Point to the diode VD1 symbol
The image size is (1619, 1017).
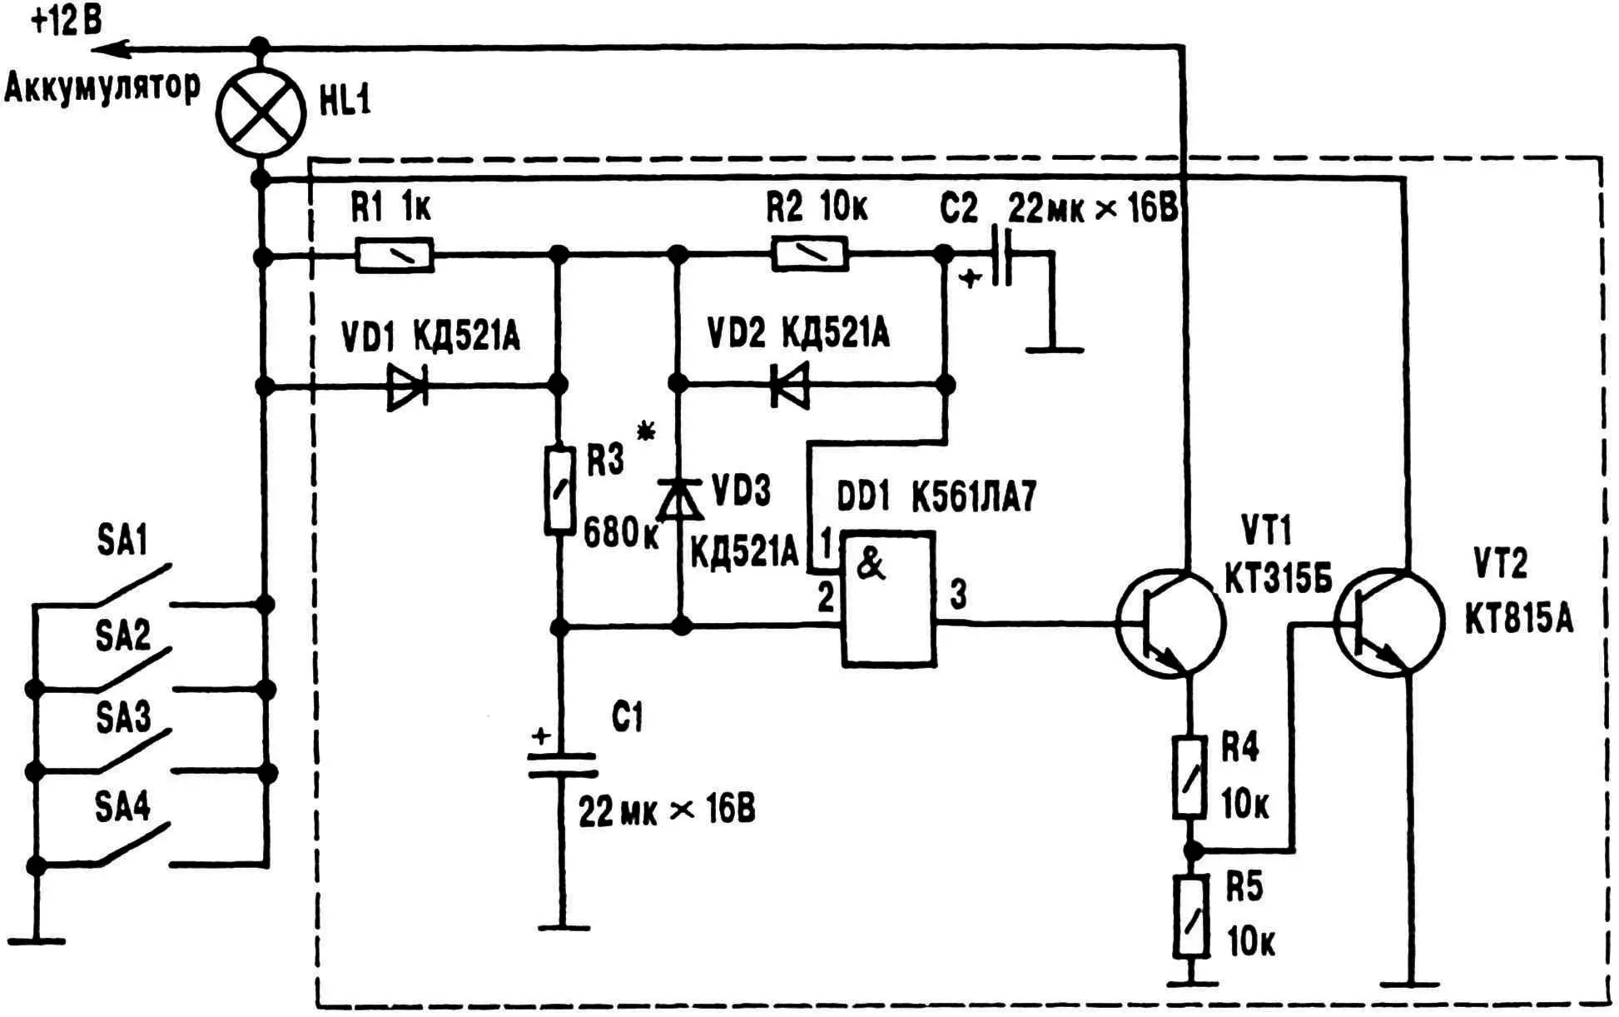408,386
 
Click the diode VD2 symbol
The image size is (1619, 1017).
789,386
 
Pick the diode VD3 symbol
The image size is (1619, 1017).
680,500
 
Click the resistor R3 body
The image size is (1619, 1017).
560,490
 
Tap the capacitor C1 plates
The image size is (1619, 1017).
563,765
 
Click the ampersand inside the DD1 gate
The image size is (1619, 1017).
871,564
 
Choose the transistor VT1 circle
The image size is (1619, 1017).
1170,621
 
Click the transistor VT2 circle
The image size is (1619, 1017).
1388,621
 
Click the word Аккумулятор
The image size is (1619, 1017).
102,87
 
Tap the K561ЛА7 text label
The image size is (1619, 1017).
974,499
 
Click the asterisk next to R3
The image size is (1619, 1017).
645,431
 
